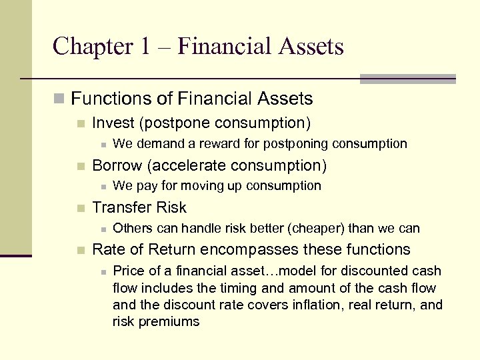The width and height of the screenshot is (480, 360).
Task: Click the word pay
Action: click(x=144, y=185)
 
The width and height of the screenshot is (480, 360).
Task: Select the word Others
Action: click(x=133, y=228)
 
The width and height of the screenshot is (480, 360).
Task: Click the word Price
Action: click(x=130, y=271)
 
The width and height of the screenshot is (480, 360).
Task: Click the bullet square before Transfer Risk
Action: click(x=81, y=208)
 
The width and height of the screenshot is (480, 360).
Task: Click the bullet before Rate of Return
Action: click(x=81, y=250)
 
